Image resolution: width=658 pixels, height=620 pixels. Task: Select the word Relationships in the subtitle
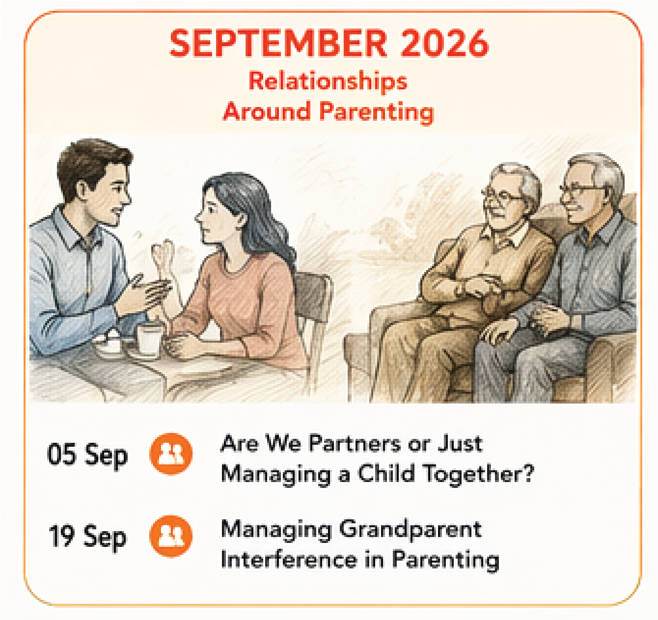tap(328, 81)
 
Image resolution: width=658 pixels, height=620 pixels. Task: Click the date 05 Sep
tap(87, 455)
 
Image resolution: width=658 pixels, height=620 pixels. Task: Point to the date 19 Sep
tap(87, 537)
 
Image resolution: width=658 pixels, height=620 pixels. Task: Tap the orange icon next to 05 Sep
tap(171, 454)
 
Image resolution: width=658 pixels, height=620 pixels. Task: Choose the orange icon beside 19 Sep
tap(171, 536)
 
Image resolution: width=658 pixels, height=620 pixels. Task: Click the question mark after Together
tap(527, 473)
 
